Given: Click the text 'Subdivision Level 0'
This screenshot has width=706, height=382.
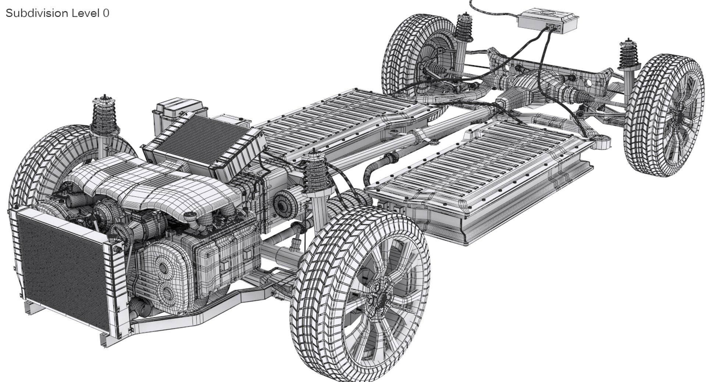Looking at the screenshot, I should (x=57, y=13).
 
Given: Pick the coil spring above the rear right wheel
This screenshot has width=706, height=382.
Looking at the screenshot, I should (x=630, y=55).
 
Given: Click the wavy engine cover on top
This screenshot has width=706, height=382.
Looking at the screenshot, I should (x=147, y=180).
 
